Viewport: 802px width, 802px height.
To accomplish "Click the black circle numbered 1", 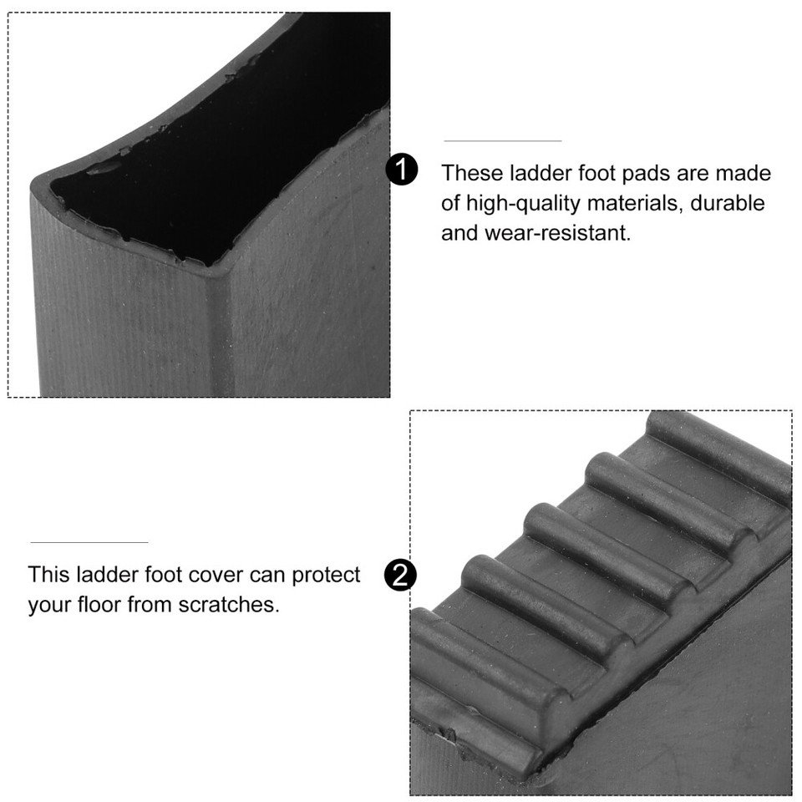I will click(x=401, y=170).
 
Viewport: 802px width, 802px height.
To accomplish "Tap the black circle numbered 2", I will click(x=400, y=576).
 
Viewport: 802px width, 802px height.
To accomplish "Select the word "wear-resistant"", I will click(x=557, y=233).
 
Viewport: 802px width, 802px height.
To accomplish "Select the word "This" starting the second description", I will click(x=49, y=575).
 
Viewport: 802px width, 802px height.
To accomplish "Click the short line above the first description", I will click(x=502, y=141).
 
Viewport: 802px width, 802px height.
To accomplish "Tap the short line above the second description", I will click(x=89, y=542).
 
